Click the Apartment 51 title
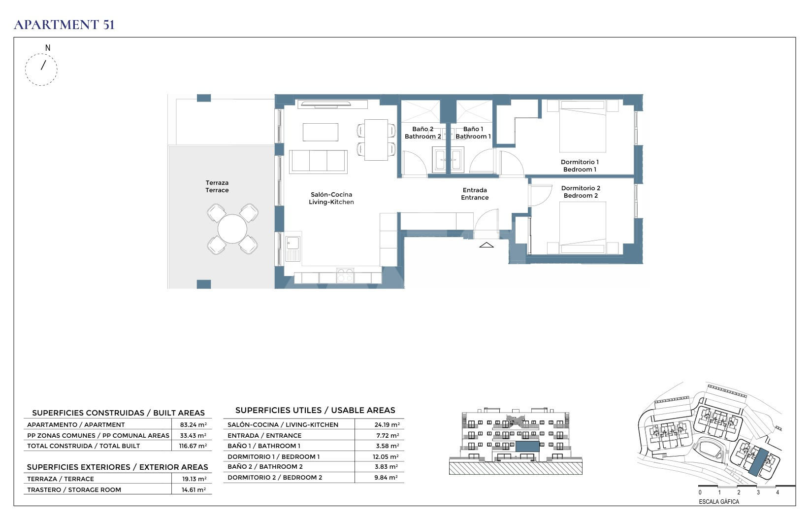coord(65,25)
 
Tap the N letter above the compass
coord(47,48)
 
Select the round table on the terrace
coord(232,229)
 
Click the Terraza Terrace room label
coord(217,186)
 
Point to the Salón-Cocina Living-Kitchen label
coord(331,198)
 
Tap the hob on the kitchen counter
coord(345,276)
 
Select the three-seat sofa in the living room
coord(318,162)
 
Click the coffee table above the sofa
coord(321,132)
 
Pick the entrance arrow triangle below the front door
coord(486,245)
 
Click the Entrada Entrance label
coord(475,194)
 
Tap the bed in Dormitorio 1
coord(583,126)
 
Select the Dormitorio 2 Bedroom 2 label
coord(581,192)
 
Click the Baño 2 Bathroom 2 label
coord(422,133)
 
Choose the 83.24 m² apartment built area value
coord(194,424)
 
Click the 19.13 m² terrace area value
coord(194,479)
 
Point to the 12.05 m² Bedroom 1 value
coord(386,456)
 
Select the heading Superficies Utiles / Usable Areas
coord(315,410)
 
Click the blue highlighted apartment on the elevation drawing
coord(527,447)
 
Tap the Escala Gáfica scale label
coord(719,502)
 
